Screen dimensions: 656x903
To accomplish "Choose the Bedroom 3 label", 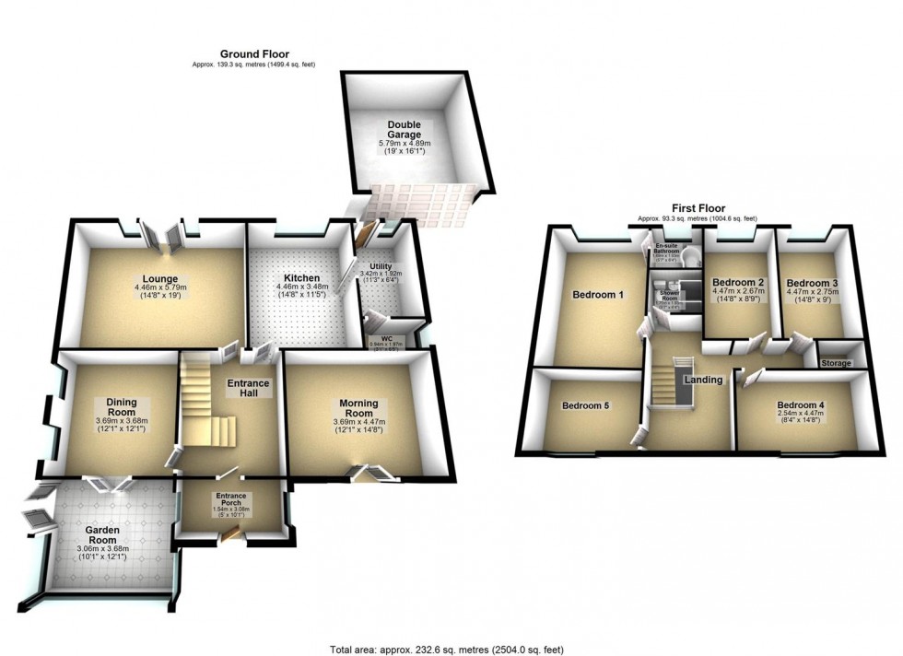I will (811, 283).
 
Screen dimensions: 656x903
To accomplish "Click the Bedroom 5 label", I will (587, 405).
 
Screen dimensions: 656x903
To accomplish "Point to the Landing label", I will (702, 380).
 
